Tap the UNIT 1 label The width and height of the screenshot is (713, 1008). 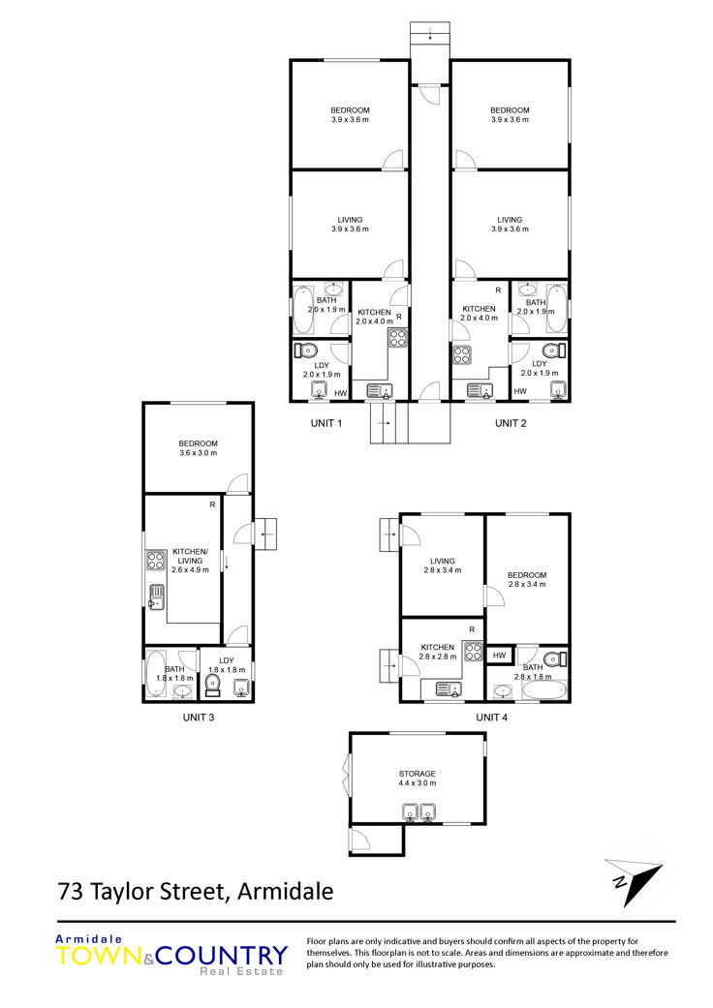click(x=325, y=423)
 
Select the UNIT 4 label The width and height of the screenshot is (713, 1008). click(x=491, y=718)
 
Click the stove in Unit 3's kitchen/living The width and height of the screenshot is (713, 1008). click(x=156, y=561)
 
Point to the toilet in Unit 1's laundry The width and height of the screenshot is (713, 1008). click(x=305, y=351)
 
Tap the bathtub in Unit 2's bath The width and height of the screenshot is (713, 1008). click(x=557, y=310)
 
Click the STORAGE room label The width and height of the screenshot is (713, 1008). click(x=418, y=774)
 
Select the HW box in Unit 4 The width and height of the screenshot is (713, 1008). click(x=500, y=656)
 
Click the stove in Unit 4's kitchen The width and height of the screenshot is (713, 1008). click(x=473, y=652)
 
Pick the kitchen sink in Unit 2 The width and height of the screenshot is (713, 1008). click(x=479, y=390)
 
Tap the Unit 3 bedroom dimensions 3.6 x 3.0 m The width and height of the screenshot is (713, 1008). click(x=198, y=453)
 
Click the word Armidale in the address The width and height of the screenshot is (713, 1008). click(x=286, y=892)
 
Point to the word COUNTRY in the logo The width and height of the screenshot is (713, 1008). click(x=221, y=956)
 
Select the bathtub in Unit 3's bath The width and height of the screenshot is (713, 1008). click(x=156, y=674)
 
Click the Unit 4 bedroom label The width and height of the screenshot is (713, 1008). click(x=527, y=575)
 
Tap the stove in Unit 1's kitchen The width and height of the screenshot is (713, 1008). click(x=397, y=338)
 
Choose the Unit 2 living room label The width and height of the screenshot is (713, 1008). click(x=510, y=220)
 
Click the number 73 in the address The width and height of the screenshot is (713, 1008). click(x=70, y=892)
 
